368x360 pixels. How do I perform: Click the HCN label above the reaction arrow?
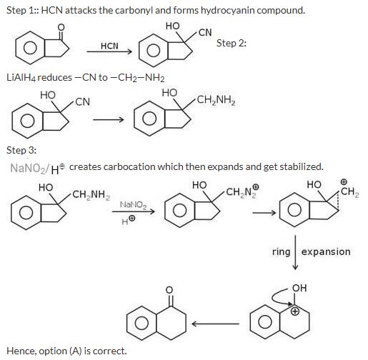click(109, 46)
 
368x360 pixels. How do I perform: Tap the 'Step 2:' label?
click(232, 43)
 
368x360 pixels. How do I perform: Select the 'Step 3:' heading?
click(21, 150)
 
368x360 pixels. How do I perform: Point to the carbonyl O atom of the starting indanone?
click(61, 27)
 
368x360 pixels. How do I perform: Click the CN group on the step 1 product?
click(205, 32)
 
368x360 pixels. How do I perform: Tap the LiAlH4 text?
click(21, 78)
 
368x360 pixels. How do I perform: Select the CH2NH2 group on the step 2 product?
click(216, 100)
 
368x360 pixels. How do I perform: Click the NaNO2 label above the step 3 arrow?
click(134, 205)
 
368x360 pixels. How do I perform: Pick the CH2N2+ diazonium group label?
click(242, 191)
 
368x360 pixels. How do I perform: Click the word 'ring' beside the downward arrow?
click(281, 252)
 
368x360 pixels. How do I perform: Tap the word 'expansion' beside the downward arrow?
click(326, 251)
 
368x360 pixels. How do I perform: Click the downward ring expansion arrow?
click(295, 253)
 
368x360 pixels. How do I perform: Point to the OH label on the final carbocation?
click(299, 288)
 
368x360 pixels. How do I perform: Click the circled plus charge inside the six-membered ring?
click(295, 311)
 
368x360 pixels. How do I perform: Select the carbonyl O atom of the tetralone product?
click(169, 290)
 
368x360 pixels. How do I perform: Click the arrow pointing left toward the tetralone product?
click(215, 324)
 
